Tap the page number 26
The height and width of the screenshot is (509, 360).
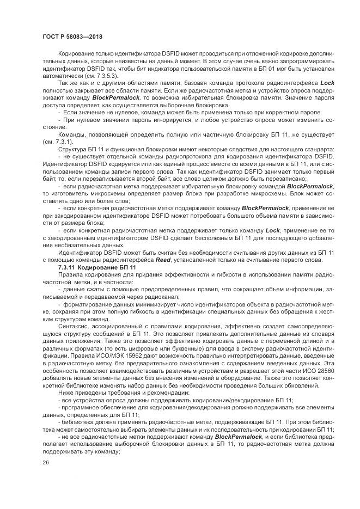(45, 462)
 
